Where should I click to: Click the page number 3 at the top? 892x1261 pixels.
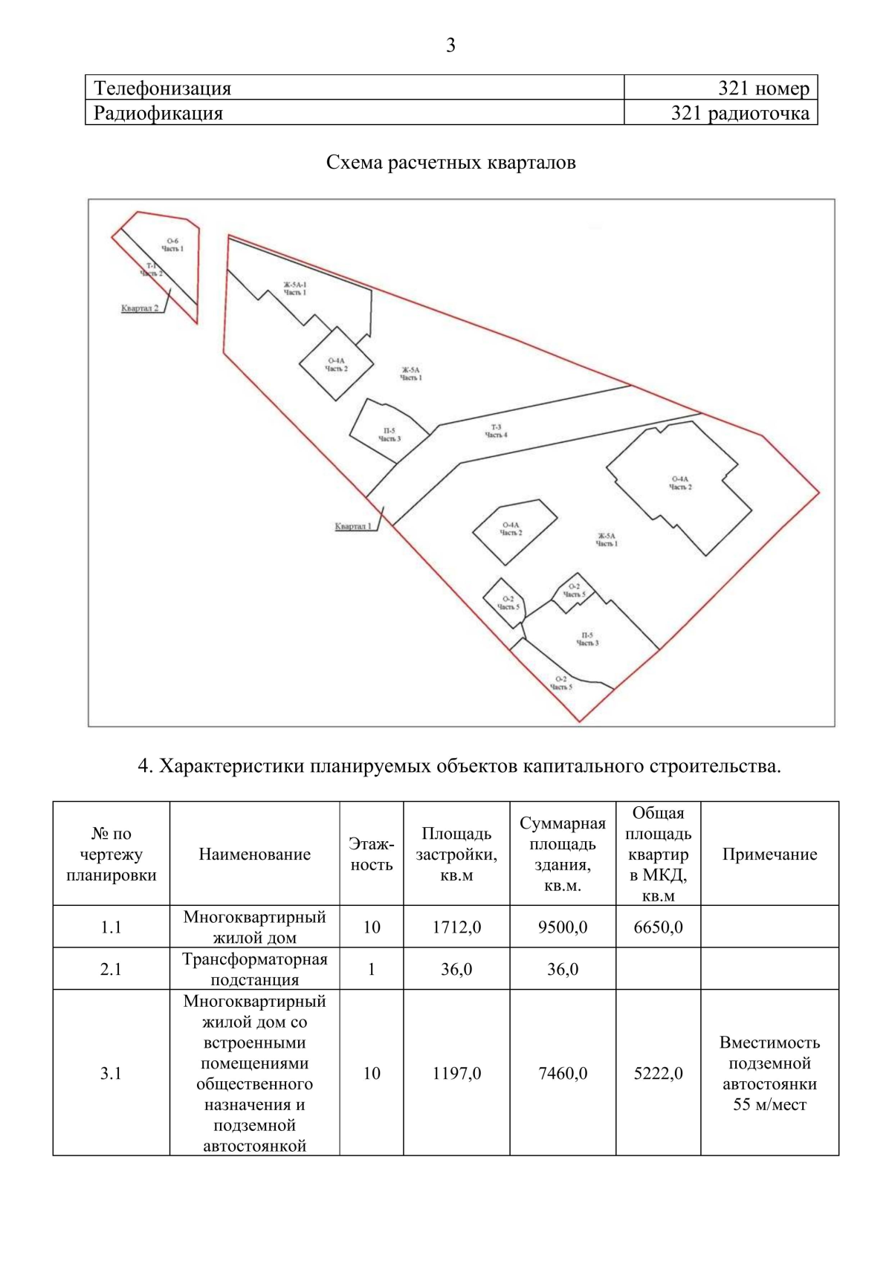tap(450, 46)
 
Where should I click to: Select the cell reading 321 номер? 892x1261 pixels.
tap(763, 88)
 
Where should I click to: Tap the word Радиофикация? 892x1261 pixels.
tap(158, 113)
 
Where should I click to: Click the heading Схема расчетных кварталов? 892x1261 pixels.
tap(450, 162)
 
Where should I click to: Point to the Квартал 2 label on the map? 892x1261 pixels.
tap(140, 308)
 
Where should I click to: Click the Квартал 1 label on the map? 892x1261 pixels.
tap(353, 526)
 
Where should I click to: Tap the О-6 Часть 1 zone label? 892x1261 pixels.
tap(172, 244)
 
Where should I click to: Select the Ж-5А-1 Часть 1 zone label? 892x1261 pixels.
tap(294, 288)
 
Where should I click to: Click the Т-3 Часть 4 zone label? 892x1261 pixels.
tap(496, 431)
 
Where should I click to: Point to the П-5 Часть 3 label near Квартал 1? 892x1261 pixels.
tap(389, 435)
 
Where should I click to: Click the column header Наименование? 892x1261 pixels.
tap(254, 854)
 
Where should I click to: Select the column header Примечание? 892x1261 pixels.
tap(769, 854)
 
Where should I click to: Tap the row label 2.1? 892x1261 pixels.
tap(111, 969)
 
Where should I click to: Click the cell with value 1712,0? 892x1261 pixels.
tap(456, 927)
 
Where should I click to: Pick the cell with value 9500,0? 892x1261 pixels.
tap(563, 927)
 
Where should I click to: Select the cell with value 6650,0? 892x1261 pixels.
tap(658, 927)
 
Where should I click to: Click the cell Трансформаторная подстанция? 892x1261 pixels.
tap(254, 969)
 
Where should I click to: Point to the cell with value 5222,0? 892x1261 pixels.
tap(658, 1073)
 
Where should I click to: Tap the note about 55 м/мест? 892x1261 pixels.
tap(769, 1073)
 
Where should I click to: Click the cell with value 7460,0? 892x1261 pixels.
tap(563, 1073)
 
